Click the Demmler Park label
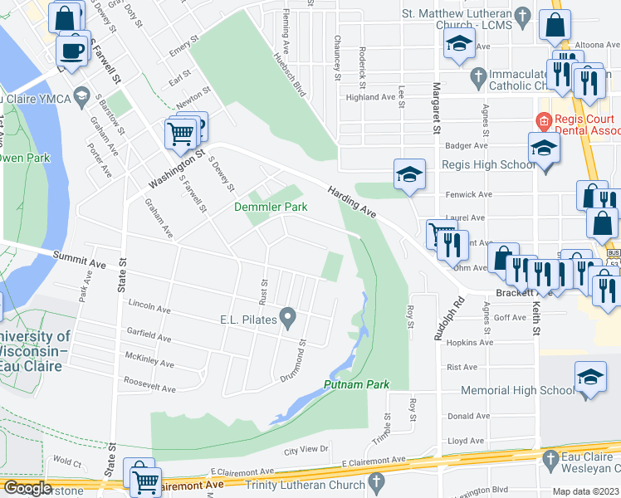point(271,207)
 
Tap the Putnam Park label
point(356,384)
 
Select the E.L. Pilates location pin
point(288,316)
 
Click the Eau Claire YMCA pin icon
point(81,99)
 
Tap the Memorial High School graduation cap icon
point(589,378)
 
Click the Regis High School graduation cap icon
point(544,149)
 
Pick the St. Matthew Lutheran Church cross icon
point(521,15)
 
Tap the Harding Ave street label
point(352,203)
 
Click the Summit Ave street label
point(80,260)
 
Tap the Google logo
point(27,488)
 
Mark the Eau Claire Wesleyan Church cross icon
point(549,457)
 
